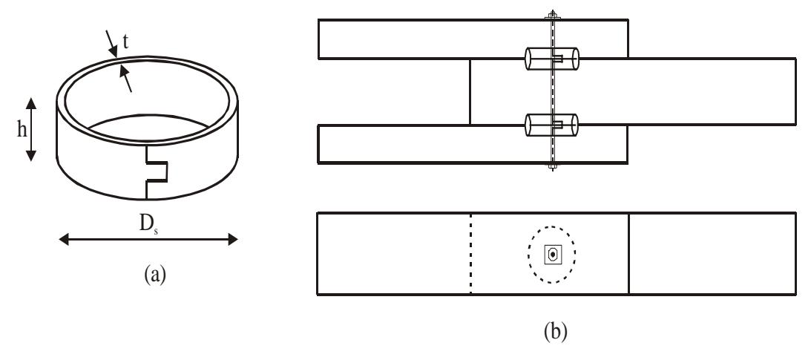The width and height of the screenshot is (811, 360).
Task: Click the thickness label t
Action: tap(125, 42)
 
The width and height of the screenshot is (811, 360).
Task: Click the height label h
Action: tap(22, 130)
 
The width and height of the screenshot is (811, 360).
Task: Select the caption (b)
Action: tap(556, 331)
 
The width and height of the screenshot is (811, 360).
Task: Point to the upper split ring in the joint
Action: tap(552, 59)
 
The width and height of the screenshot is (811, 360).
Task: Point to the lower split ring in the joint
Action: tap(552, 125)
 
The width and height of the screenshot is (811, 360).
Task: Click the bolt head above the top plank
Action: tap(552, 15)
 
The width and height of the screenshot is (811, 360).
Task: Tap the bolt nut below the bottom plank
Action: tap(552, 166)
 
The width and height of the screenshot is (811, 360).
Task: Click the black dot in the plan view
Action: tap(552, 255)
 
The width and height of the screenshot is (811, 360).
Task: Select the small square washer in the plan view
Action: tap(552, 255)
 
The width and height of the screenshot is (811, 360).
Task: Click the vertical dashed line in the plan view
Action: tap(470, 253)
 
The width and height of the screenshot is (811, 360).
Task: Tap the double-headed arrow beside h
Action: tap(32, 129)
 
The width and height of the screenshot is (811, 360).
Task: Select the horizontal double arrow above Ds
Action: tap(148, 239)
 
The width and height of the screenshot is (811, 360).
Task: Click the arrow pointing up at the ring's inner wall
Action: tap(125, 79)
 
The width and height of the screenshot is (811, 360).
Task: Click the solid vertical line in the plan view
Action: tap(628, 253)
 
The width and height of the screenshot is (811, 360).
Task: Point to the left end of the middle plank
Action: tap(470, 91)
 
